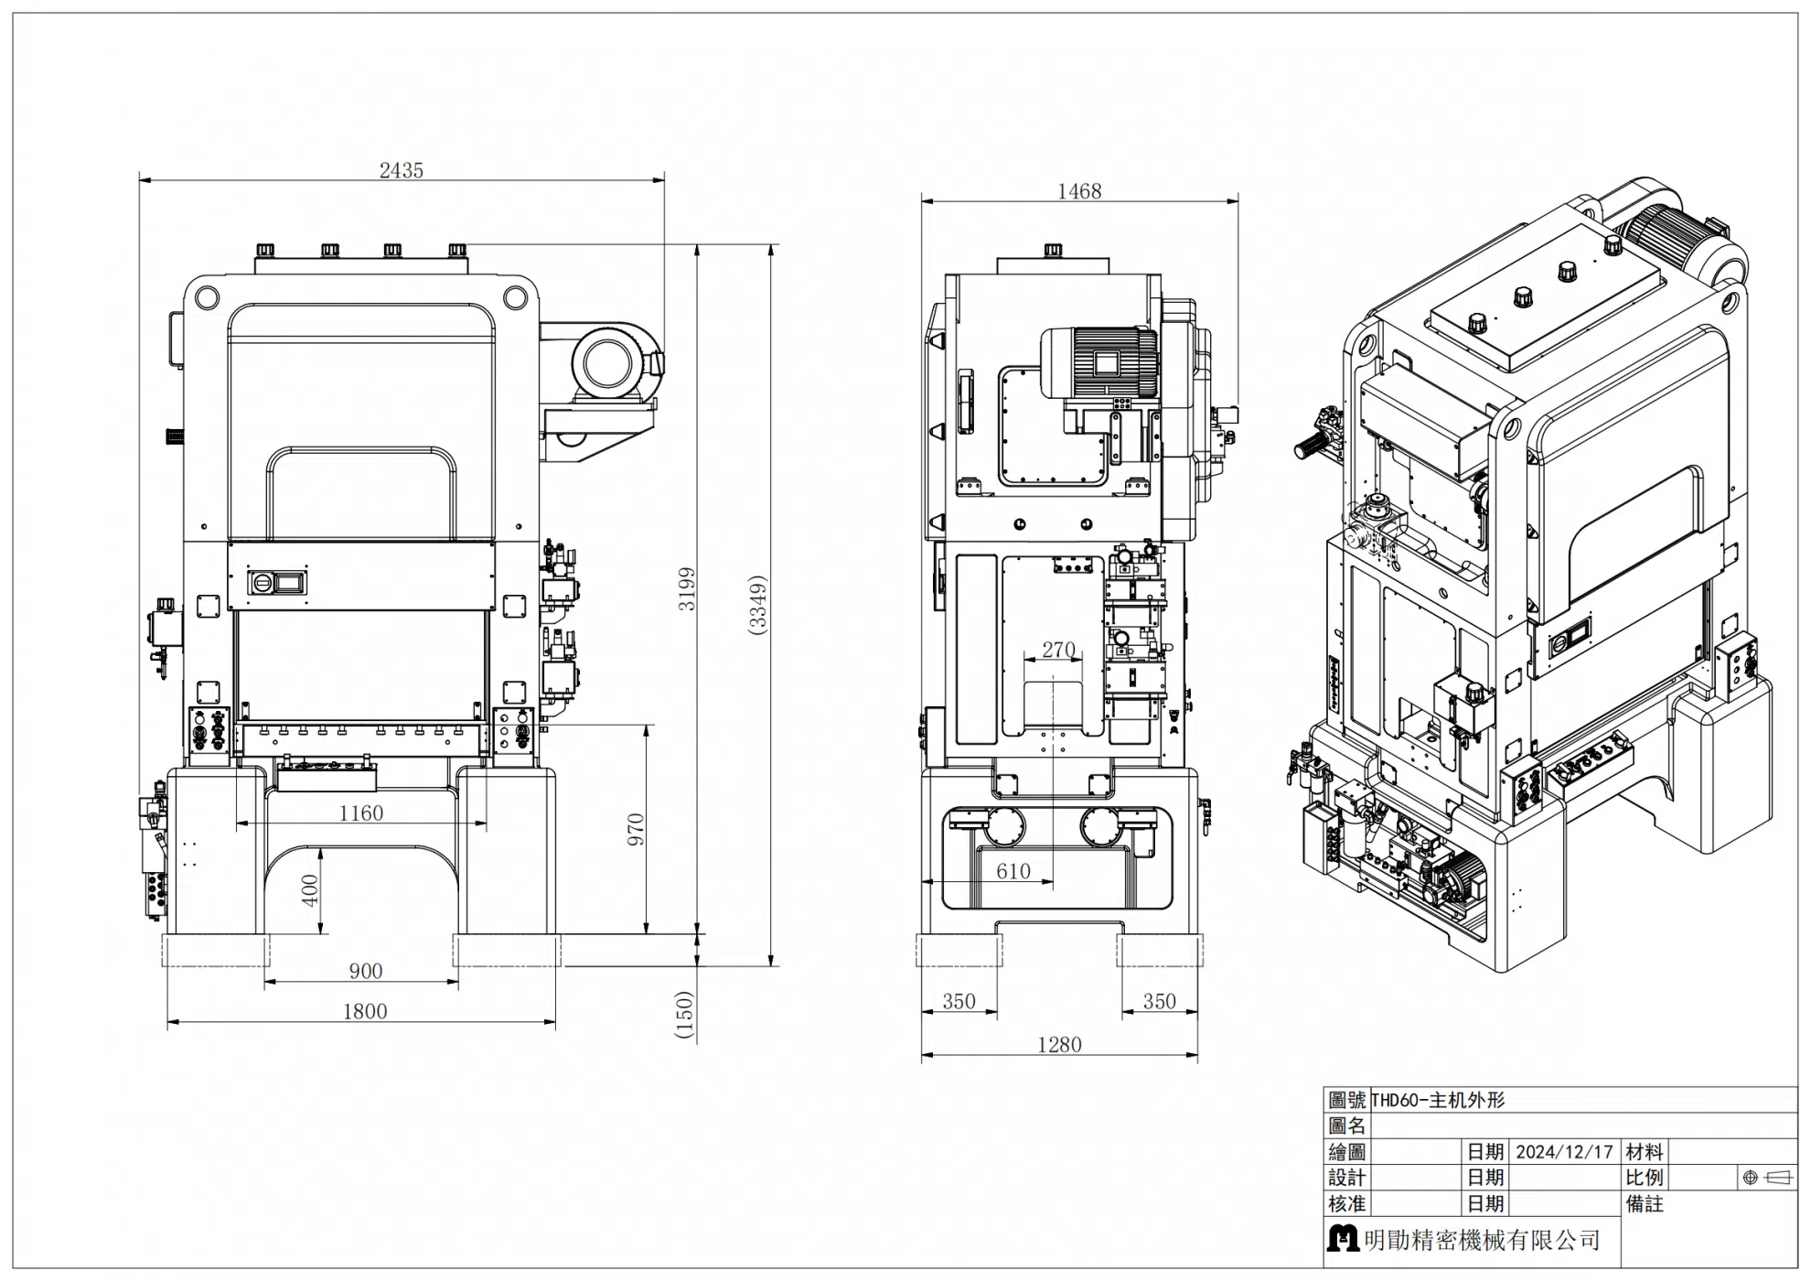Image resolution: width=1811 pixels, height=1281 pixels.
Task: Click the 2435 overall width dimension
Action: point(402,170)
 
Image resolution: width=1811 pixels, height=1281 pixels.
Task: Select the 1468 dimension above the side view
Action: point(1079,191)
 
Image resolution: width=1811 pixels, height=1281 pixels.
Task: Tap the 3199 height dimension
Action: point(687,589)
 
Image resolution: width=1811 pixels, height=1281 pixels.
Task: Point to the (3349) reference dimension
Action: point(757,604)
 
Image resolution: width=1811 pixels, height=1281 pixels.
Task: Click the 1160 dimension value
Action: point(361,813)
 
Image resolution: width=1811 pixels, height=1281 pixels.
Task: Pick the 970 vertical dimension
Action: point(636,830)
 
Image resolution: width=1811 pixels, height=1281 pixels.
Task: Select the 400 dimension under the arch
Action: point(310,890)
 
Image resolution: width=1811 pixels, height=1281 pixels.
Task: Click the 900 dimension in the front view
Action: point(366,971)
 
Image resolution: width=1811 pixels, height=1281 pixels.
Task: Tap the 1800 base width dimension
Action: point(365,1011)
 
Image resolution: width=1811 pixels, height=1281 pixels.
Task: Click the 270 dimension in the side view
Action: point(1058,650)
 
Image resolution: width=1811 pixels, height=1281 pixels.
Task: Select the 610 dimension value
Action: point(1013,871)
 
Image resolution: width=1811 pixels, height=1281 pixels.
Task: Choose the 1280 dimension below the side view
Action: point(1059,1044)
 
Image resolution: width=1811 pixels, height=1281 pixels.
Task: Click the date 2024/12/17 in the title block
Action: point(1564,1152)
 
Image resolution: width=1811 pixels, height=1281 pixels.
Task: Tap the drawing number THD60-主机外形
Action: point(1438,1101)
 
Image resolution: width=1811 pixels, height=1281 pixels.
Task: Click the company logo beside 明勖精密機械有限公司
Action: point(1343,1239)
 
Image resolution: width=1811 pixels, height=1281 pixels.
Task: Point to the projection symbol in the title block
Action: point(1767,1178)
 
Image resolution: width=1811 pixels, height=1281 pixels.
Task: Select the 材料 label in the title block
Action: point(1645,1152)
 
